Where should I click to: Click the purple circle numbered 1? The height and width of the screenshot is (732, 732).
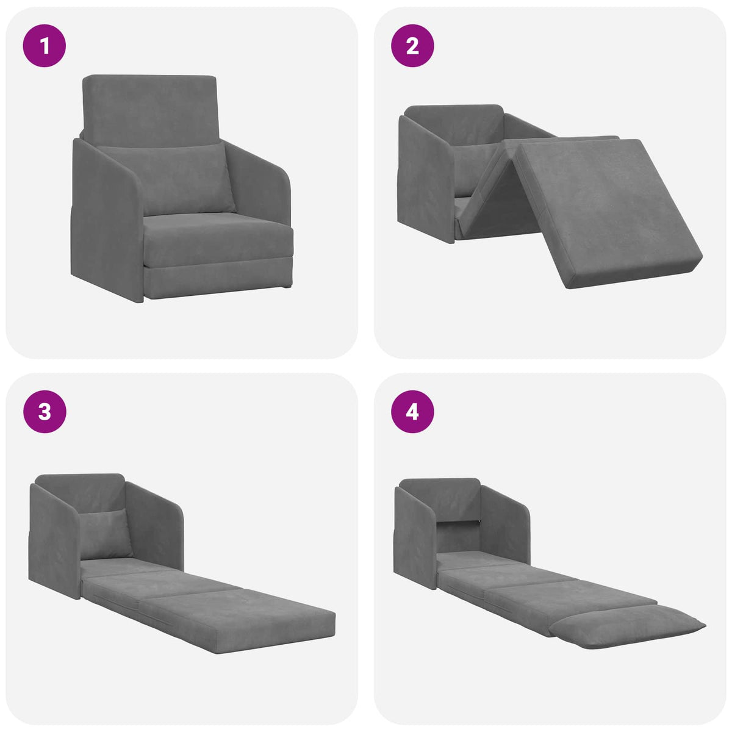point(44,45)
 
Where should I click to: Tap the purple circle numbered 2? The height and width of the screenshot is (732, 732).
point(412,45)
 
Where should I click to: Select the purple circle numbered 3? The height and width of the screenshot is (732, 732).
point(44,412)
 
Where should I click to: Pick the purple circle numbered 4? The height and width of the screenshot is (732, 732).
point(412,412)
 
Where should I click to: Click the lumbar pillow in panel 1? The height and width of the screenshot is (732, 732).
point(166,179)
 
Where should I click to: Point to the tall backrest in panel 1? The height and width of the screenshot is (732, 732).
point(149,110)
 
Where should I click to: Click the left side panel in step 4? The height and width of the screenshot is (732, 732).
point(415,537)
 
